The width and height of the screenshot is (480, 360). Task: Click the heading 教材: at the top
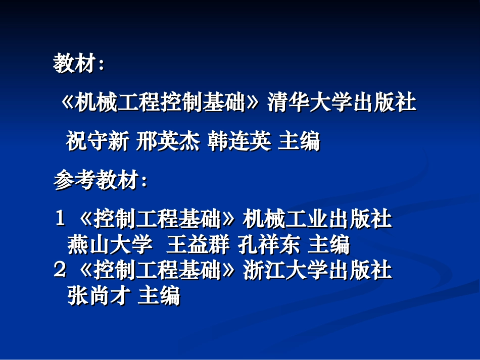click(78, 64)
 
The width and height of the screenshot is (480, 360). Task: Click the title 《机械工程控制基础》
click(160, 103)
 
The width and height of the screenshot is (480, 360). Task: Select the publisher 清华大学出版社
click(342, 103)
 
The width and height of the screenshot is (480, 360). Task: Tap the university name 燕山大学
click(110, 245)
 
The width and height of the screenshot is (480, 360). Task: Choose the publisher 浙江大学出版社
click(317, 271)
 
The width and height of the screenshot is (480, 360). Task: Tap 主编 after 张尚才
click(159, 296)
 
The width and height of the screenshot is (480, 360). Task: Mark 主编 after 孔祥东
click(329, 245)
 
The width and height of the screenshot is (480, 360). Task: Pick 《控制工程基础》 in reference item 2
click(157, 271)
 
